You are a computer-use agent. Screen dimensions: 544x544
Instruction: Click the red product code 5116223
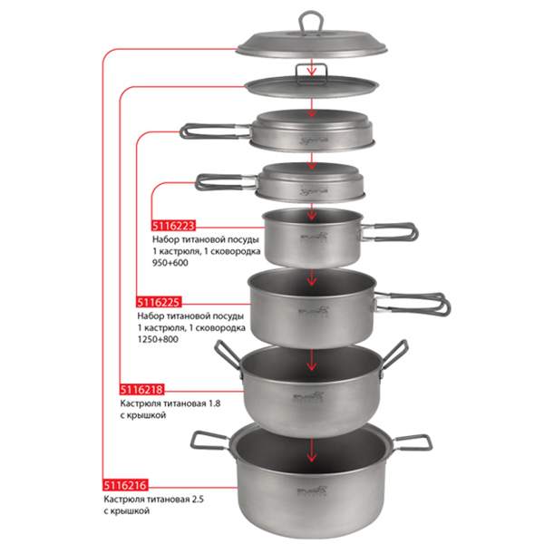coord(173,226)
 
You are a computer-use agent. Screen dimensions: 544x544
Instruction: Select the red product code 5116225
coord(159,303)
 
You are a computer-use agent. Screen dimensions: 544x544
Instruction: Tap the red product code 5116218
coord(141,390)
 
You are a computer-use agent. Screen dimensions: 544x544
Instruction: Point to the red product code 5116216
coord(125,485)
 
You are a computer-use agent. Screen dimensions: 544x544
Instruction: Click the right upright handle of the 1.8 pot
coord(395,355)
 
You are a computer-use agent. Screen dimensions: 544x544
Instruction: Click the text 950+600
coord(170,263)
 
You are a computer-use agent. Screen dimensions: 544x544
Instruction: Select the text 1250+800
coord(158,339)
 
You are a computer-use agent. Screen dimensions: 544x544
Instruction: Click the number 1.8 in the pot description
coord(214,403)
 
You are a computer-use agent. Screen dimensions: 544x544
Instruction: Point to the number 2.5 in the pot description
coord(197,500)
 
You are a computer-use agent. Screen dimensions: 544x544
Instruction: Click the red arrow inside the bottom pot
coord(312,450)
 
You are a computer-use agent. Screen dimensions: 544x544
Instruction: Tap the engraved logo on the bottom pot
coord(312,491)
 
